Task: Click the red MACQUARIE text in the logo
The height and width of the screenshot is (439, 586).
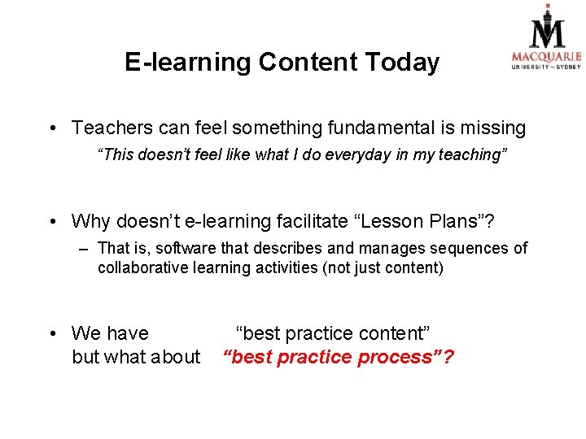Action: [546, 57]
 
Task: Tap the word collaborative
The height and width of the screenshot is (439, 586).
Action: [143, 267]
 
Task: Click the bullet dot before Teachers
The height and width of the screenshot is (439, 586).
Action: [51, 128]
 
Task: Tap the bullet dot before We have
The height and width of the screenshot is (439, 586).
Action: [51, 333]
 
